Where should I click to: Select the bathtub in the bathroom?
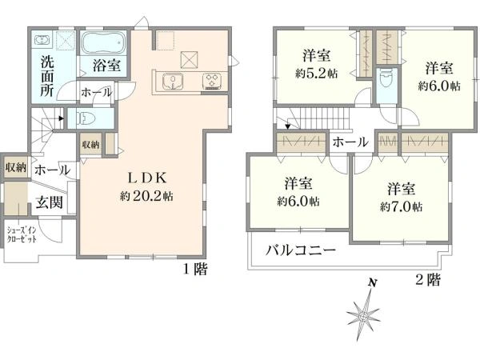(102, 42)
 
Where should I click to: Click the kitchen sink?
(172, 79)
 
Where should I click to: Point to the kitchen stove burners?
(214, 79)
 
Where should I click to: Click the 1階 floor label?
(195, 270)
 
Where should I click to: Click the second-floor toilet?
(386, 78)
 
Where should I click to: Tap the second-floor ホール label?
(350, 142)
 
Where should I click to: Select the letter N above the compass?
(371, 283)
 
